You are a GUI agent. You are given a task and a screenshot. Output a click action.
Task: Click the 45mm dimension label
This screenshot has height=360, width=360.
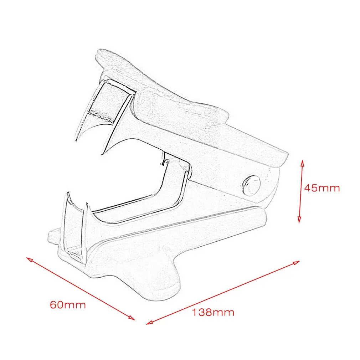click(322, 188)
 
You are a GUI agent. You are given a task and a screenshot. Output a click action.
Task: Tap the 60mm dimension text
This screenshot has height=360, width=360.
click(68, 305)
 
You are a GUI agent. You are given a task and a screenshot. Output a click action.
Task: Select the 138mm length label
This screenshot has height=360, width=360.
click(213, 313)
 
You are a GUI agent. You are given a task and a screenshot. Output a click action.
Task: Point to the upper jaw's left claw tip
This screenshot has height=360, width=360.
click(76, 141)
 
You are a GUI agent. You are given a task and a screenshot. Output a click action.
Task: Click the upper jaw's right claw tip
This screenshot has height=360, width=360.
click(103, 154)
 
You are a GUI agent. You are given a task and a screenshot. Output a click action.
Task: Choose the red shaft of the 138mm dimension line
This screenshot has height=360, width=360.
click(223, 293)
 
